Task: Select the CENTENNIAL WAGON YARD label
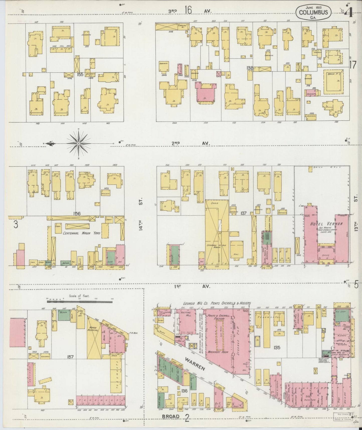pyautogui.click(x=78, y=233)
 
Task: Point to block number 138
pyautogui.click(x=250, y=68)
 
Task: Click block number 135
pyautogui.click(x=277, y=348)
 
